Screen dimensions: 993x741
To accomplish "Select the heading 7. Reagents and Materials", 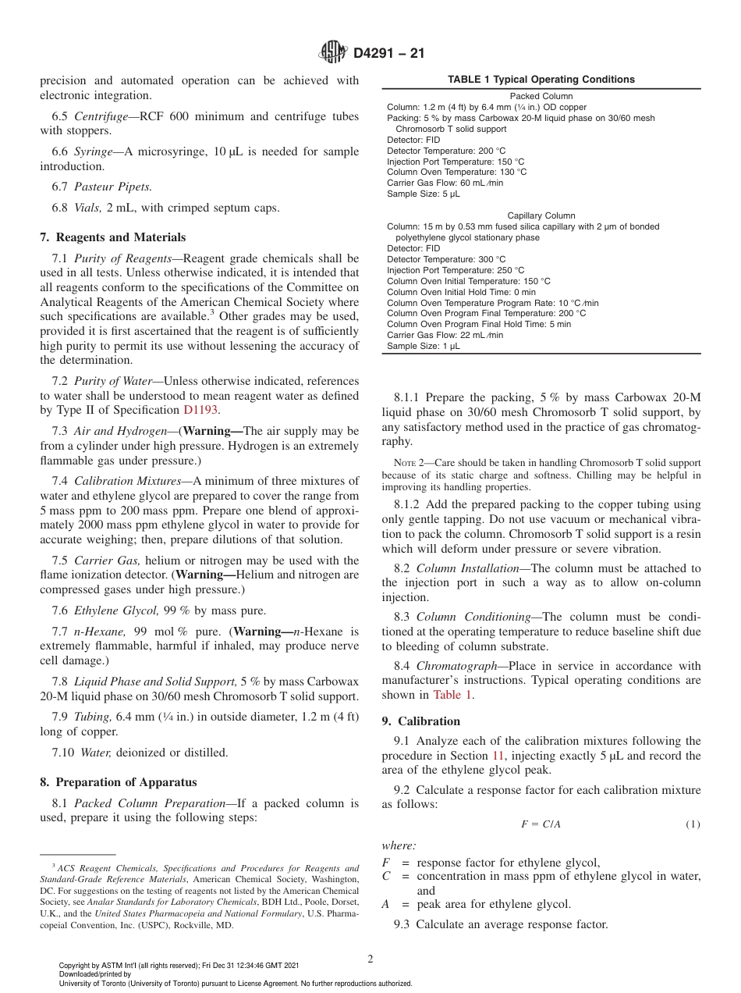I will (x=113, y=237).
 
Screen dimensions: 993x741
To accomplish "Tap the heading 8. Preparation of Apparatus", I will (x=119, y=782).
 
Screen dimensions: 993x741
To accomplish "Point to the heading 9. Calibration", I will (x=421, y=721).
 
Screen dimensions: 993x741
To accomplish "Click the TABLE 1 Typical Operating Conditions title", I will (x=541, y=80).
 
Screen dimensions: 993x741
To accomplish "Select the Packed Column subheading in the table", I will (x=541, y=97).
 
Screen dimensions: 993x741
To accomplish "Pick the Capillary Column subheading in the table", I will (x=541, y=215).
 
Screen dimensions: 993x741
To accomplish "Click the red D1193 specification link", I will (x=201, y=410).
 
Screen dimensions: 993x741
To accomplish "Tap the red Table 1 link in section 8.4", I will (x=452, y=695).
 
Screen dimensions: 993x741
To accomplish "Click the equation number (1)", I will (x=693, y=824).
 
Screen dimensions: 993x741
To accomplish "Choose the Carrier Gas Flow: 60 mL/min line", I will (x=445, y=183).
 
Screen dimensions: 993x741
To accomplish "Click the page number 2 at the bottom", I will (x=370, y=959).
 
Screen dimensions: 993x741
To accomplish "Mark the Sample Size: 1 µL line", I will (x=424, y=346).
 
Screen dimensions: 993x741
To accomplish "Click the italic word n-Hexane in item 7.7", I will (x=98, y=632).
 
